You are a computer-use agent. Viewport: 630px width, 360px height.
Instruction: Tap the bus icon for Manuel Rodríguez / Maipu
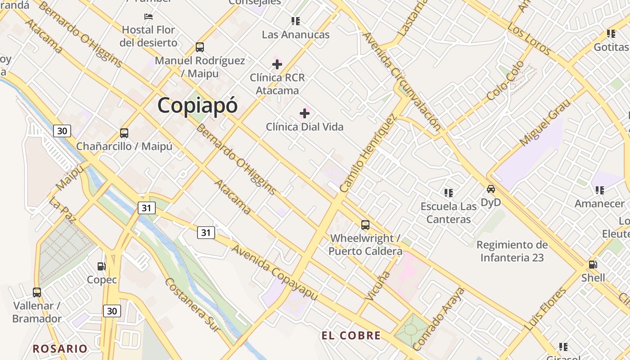199,47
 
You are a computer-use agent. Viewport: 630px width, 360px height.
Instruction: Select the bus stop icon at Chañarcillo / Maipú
124,133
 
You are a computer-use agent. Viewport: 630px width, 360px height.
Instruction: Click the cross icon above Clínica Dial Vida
305,113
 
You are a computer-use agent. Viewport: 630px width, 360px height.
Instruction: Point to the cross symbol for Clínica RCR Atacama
277,64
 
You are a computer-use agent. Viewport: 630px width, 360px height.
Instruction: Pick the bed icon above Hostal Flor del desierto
148,17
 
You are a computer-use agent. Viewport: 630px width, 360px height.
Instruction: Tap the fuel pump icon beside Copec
102,266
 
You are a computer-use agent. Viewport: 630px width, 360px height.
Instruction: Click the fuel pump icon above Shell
593,265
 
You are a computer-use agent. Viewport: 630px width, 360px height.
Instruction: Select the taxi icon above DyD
490,189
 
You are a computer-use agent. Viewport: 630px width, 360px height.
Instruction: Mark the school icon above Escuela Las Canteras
449,193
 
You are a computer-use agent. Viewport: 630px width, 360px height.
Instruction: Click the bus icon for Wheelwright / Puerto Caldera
365,225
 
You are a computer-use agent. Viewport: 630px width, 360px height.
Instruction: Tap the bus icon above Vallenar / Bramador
37,292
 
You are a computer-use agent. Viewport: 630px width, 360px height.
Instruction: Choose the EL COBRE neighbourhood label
351,335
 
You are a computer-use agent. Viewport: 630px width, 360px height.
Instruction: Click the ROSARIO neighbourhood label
60,348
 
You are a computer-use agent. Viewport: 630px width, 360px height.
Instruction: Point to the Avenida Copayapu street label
274,272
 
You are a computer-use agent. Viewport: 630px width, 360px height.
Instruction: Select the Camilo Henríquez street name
369,153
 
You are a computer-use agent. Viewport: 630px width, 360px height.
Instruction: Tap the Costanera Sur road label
193,305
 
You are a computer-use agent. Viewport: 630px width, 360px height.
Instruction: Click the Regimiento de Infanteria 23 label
512,251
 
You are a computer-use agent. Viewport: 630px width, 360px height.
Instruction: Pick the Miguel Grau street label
544,122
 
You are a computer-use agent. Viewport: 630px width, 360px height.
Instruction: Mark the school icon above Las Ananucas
296,21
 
